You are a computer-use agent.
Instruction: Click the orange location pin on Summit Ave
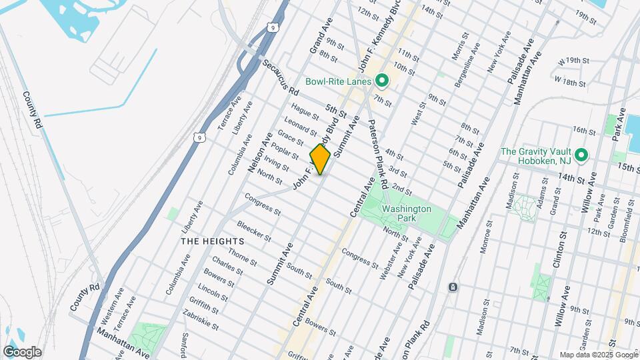[320, 159]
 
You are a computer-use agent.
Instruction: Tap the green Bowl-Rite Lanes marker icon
[382, 81]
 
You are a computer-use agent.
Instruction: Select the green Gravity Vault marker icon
[581, 155]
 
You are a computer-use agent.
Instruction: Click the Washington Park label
[407, 213]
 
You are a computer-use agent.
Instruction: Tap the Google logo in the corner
[22, 351]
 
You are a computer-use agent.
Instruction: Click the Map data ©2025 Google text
[598, 355]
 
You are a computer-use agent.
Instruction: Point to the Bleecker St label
[253, 232]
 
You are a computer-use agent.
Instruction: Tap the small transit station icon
[453, 287]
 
